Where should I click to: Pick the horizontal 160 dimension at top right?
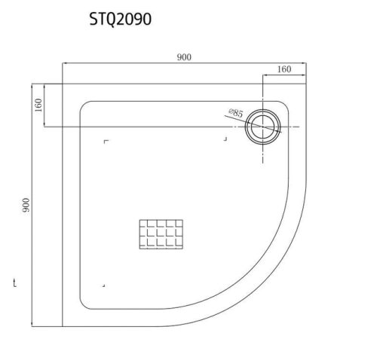284,69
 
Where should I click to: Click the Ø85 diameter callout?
234,113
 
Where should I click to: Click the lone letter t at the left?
15,283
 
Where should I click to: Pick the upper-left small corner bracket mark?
106,142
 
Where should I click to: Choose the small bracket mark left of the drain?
225,139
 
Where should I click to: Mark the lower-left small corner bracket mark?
103,285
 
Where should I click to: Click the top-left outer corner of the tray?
61,83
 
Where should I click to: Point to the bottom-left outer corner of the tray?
61,327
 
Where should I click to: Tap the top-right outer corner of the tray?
305,83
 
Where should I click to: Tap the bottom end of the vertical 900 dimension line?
34,327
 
